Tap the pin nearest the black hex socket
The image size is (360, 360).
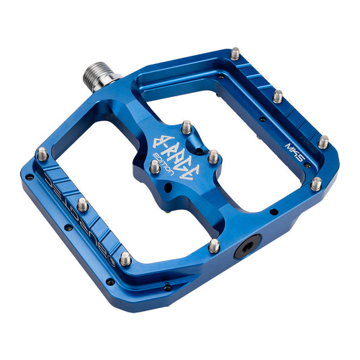pyautogui.click(x=214, y=246)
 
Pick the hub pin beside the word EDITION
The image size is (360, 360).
pyautogui.click(x=155, y=166)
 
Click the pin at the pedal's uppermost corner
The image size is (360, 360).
pyautogui.click(x=235, y=52)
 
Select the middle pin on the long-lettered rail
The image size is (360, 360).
pyautogui.click(x=83, y=203)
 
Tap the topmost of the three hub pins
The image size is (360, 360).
pyautogui.click(x=186, y=127)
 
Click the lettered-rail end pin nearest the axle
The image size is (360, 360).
pyautogui.click(x=42, y=153)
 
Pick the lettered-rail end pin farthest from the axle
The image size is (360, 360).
pyautogui.click(x=125, y=258)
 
